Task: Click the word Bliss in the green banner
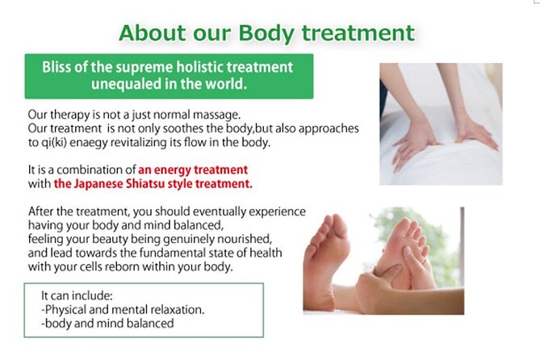tap(59, 67)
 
